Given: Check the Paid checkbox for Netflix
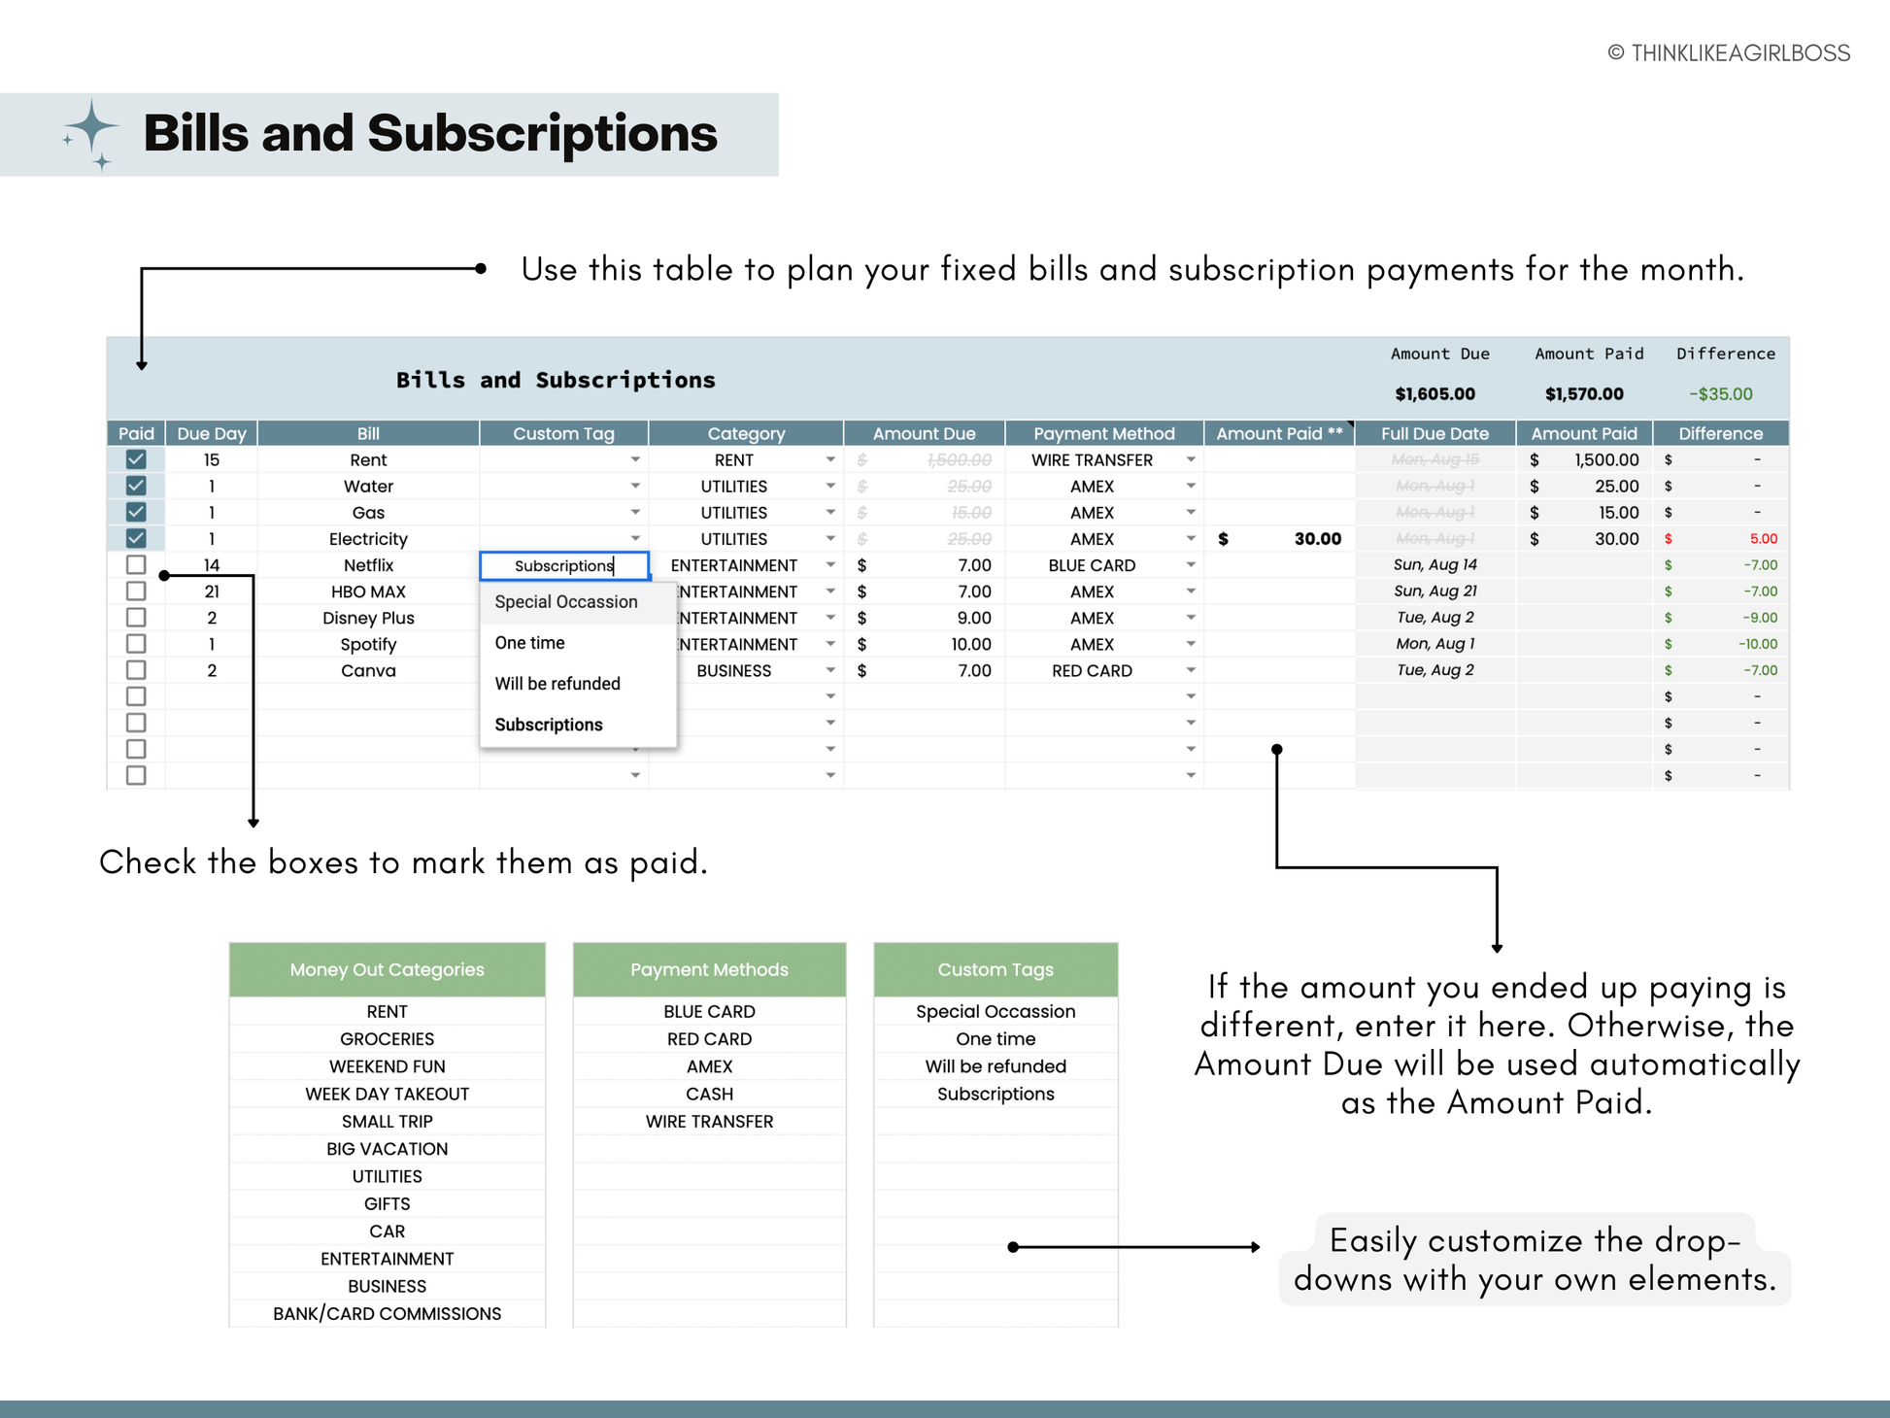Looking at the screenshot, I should [136, 565].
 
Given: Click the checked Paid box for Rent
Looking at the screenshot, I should [136, 459].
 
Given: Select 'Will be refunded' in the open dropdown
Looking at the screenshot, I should [557, 684].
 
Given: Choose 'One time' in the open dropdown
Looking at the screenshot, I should [529, 643].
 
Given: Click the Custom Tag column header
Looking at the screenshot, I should [563, 433].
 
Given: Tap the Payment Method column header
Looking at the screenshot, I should [1103, 433].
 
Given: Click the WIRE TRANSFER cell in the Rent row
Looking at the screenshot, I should [1092, 460].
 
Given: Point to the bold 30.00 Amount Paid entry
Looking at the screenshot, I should [1317, 539].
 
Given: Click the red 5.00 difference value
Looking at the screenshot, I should [1763, 539].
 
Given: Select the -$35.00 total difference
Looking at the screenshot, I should [1721, 394].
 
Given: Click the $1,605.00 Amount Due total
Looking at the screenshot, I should [1434, 394].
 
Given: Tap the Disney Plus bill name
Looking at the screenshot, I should [368, 619].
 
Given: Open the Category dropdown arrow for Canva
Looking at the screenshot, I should [830, 670].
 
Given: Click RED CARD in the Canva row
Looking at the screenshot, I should [1092, 671].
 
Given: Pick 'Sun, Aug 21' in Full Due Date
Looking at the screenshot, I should [1434, 591].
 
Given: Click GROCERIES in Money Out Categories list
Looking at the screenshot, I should [387, 1039].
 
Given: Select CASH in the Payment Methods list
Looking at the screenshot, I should [709, 1095].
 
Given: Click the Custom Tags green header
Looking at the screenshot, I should [996, 969].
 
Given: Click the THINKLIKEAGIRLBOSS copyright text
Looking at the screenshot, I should [1729, 53].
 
